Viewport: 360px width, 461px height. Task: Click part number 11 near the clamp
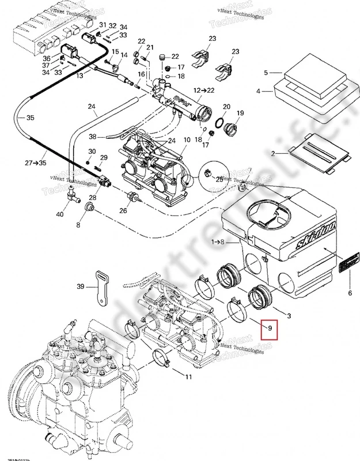[188, 377]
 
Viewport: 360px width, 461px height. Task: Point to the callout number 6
[349, 293]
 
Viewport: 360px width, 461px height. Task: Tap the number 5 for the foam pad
[266, 73]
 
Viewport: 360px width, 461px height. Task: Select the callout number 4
[259, 91]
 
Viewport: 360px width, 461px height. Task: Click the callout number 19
[241, 113]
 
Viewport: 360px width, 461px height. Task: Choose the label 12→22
[203, 90]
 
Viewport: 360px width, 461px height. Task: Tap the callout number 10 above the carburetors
[186, 141]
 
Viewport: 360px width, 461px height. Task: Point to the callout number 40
[59, 215]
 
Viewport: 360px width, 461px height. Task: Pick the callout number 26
[123, 210]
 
